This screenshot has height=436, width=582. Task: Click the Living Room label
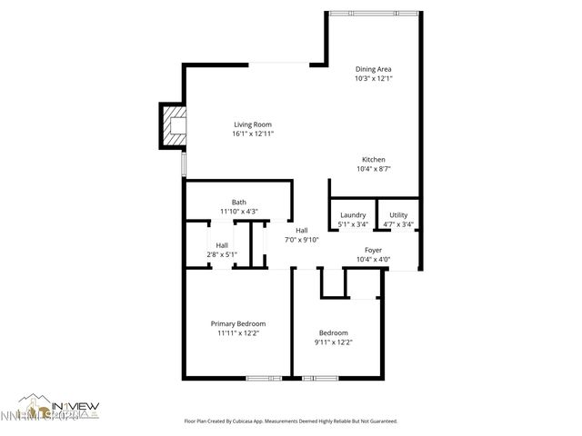click(253, 124)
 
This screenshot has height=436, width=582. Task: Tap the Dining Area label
click(373, 69)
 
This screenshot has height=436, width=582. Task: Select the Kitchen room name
click(374, 159)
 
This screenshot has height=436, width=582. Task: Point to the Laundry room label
click(353, 214)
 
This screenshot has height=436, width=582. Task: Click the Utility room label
click(398, 214)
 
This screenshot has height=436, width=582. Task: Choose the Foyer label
click(373, 250)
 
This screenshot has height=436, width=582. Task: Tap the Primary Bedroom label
click(238, 323)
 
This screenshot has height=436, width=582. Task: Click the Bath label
click(238, 203)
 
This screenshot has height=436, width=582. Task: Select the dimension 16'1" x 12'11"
click(253, 134)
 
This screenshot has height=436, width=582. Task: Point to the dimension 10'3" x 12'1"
click(373, 78)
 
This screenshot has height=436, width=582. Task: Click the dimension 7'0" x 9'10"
click(302, 240)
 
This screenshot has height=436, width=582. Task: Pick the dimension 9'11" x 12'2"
click(333, 342)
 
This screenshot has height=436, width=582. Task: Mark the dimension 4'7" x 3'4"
click(398, 224)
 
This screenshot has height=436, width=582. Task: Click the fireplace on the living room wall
click(173, 125)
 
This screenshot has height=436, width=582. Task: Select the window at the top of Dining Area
click(374, 13)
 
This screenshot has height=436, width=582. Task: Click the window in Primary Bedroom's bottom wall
click(261, 377)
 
